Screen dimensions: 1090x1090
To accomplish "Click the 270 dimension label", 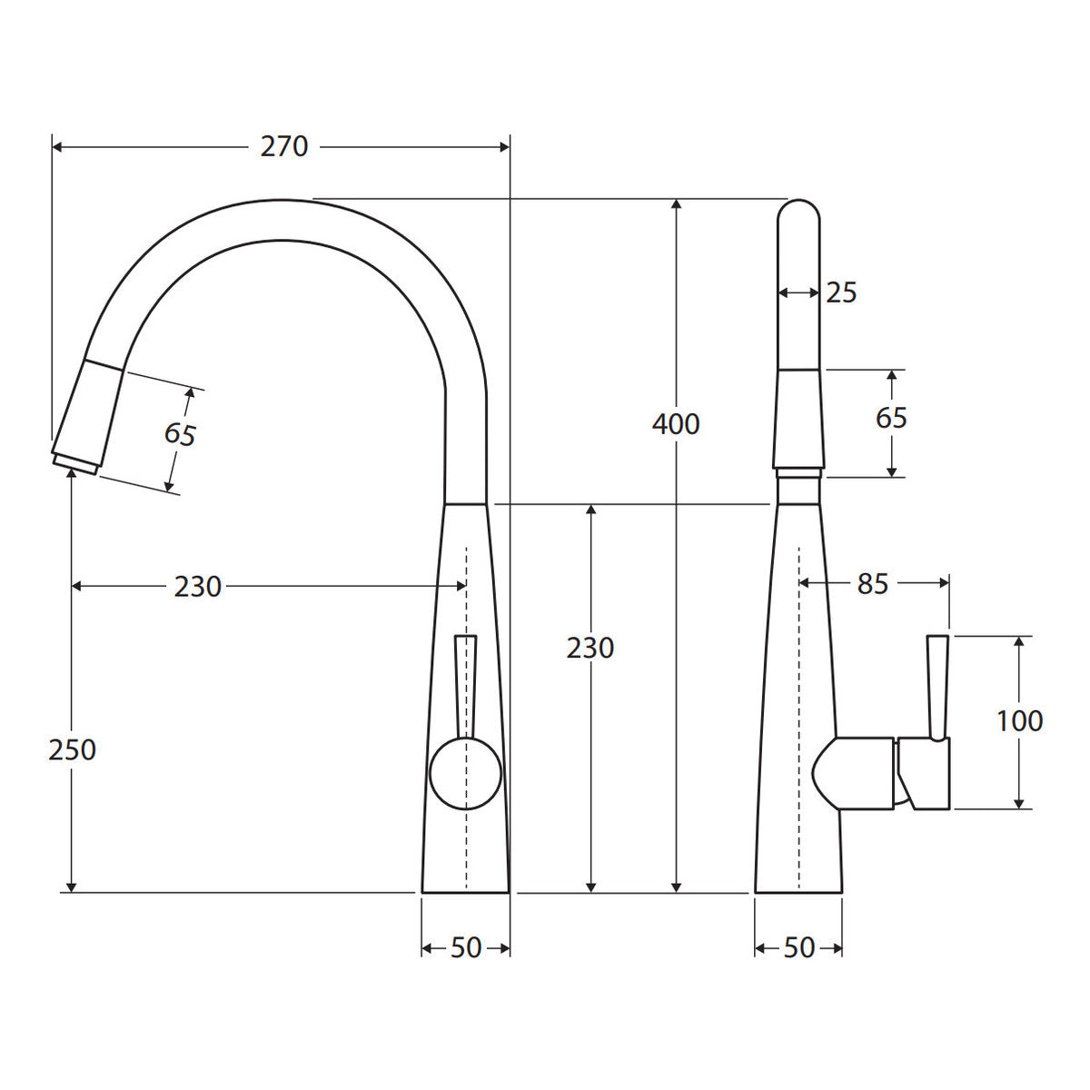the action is pyautogui.click(x=284, y=147).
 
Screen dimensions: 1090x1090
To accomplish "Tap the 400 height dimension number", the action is pyautogui.click(x=676, y=424).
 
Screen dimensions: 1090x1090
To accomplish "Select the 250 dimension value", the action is pyautogui.click(x=72, y=750).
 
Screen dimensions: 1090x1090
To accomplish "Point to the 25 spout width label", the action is pyautogui.click(x=841, y=292).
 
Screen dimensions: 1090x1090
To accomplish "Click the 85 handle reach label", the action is pyautogui.click(x=873, y=584).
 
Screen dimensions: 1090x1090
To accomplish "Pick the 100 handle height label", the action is pyautogui.click(x=1019, y=721).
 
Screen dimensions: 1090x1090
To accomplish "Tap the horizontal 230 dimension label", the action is pyautogui.click(x=197, y=587).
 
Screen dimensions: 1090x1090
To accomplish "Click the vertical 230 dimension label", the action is pyautogui.click(x=590, y=648).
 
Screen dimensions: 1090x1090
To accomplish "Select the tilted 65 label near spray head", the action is pyautogui.click(x=180, y=434).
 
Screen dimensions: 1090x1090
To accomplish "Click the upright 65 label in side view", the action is pyautogui.click(x=891, y=418).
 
